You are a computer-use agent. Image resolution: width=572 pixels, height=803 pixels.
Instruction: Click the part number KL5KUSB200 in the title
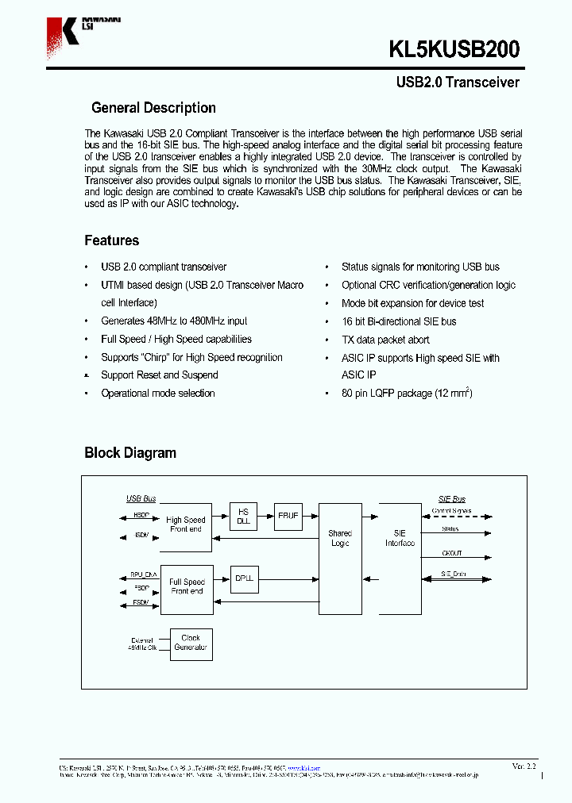point(454,49)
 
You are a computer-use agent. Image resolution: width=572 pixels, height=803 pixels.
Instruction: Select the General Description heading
point(153,108)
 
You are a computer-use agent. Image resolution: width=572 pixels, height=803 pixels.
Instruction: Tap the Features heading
point(111,240)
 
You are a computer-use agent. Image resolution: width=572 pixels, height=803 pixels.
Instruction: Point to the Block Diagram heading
point(130,453)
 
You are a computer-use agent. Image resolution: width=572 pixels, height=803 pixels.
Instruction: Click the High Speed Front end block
point(186,526)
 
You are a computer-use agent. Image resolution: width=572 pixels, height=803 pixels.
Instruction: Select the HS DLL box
point(243,517)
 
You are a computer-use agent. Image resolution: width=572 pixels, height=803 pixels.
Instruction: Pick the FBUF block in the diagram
point(288,516)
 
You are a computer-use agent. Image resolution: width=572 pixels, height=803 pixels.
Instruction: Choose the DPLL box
point(244,579)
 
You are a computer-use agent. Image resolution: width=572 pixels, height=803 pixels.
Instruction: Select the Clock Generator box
point(191,644)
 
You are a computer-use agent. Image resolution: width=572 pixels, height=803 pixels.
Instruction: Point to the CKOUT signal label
point(451,553)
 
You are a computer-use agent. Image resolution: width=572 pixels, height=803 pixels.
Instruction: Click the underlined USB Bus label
point(141,498)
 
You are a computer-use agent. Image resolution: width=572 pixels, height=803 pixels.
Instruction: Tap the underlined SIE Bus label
point(452,498)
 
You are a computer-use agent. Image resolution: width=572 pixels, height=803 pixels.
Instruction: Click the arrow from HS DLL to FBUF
point(265,517)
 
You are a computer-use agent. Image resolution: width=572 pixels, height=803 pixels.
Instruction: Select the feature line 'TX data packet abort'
point(385,340)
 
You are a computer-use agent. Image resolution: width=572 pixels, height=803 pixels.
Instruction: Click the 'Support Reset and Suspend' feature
point(159,375)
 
